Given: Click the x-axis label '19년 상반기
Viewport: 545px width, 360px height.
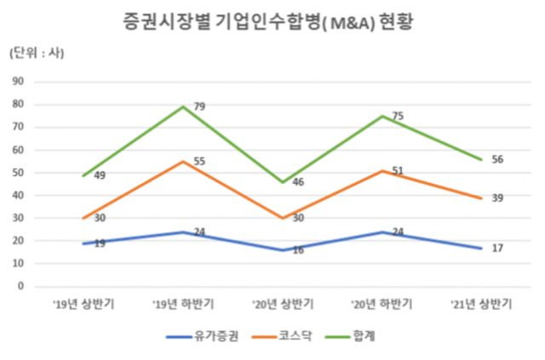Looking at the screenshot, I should pyautogui.click(x=83, y=302).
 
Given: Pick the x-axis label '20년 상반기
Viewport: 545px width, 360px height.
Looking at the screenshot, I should pyautogui.click(x=282, y=302).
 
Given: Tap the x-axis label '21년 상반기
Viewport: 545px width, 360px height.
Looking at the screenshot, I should pyautogui.click(x=481, y=302).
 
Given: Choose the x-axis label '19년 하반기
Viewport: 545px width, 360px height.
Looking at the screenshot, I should pyautogui.click(x=182, y=302).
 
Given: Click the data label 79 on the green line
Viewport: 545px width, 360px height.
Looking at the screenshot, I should pyautogui.click(x=199, y=106).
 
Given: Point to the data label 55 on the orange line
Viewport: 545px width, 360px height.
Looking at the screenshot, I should pyautogui.click(x=199, y=161).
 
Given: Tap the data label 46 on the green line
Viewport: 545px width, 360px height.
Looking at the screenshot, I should pyautogui.click(x=299, y=182).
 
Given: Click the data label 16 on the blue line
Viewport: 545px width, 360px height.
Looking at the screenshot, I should pyautogui.click(x=299, y=250).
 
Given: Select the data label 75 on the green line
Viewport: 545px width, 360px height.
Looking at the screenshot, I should pyautogui.click(x=398, y=117).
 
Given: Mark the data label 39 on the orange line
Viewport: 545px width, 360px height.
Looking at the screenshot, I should pyautogui.click(x=496, y=197).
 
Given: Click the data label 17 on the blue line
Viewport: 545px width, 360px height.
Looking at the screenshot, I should pyautogui.click(x=496, y=248).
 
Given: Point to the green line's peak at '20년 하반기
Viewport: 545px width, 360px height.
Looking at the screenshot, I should pyautogui.click(x=381, y=116).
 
